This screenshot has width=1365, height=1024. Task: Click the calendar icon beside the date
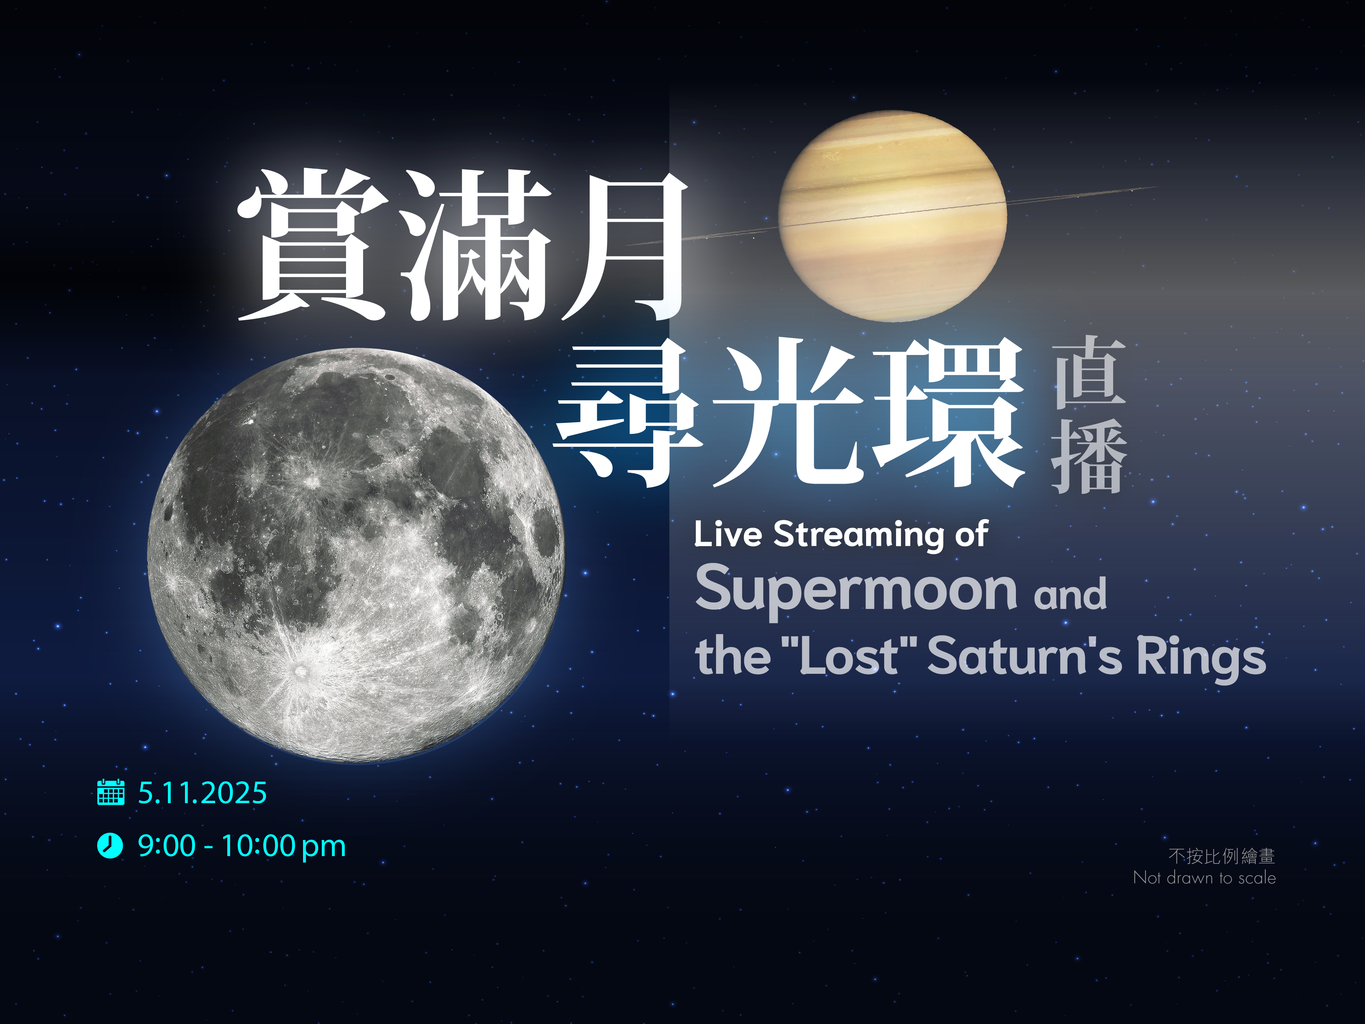(111, 793)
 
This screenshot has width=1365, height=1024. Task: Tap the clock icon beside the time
(110, 845)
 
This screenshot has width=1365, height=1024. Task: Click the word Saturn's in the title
(1024, 657)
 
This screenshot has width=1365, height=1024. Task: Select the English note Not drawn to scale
(1204, 878)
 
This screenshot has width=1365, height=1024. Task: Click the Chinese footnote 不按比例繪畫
(1221, 856)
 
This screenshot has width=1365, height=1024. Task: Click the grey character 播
(1089, 457)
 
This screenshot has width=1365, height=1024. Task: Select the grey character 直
(1089, 372)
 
